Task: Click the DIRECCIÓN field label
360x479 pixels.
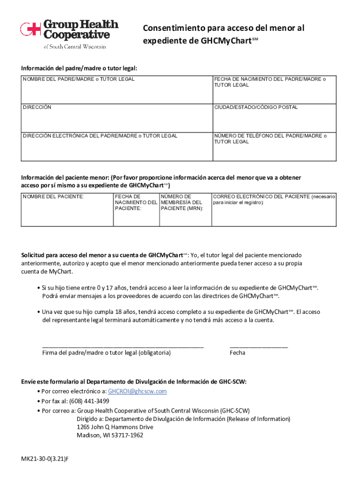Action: coord(37,107)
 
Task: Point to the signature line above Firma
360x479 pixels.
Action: coord(122,346)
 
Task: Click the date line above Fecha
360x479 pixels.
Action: coord(259,346)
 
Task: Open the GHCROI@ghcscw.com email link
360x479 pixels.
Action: coord(137,391)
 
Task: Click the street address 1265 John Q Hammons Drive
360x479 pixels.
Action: coord(115,427)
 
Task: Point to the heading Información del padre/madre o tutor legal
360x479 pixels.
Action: coord(79,68)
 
